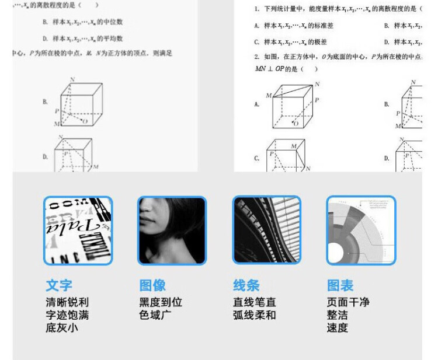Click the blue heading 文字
tap(59, 285)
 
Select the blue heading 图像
tap(152, 285)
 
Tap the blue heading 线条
tap(246, 285)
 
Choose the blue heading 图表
tap(340, 285)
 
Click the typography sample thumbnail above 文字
tap(78, 230)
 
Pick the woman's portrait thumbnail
tap(172, 230)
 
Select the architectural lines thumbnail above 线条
tap(266, 230)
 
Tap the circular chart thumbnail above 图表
tap(360, 230)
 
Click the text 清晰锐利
tap(67, 302)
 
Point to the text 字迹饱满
tap(67, 315)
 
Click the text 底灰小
tap(62, 328)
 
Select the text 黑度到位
tap(161, 302)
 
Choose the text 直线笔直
tap(255, 302)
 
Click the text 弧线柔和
tap(255, 315)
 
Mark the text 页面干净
tap(348, 302)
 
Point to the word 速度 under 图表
tap(337, 328)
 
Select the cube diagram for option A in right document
tap(293, 105)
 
